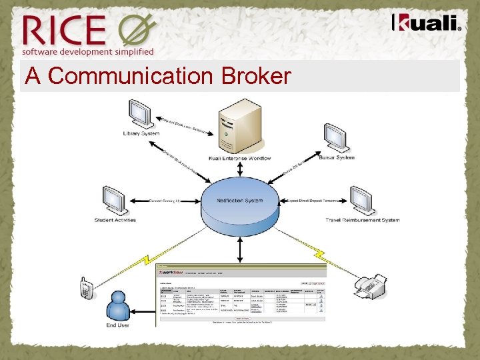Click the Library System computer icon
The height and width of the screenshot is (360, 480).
(141, 113)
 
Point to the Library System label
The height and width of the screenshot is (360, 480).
(141, 133)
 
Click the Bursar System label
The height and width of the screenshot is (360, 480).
(337, 158)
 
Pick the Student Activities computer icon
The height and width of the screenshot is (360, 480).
(115, 200)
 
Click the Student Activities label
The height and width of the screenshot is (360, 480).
(115, 220)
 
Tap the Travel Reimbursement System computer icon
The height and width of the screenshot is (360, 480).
(361, 200)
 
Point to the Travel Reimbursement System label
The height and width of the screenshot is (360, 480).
(363, 220)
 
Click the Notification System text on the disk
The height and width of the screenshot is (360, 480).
(240, 201)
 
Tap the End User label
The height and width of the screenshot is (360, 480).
(117, 325)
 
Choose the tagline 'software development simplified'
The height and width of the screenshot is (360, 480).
(87, 51)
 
